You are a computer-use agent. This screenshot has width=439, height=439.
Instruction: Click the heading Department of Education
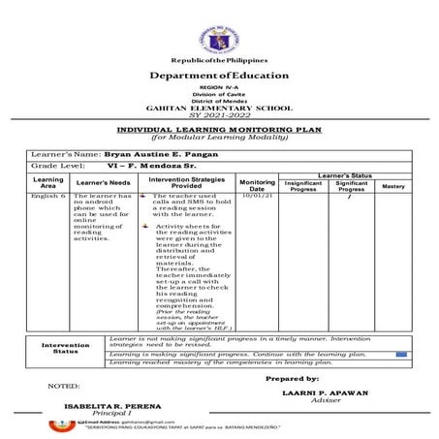219,76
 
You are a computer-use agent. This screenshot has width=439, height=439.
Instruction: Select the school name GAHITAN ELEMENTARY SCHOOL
219,109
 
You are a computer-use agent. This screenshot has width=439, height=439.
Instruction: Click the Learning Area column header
48,183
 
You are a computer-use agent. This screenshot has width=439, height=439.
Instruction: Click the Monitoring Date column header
258,183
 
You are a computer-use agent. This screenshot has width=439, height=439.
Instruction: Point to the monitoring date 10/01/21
258,196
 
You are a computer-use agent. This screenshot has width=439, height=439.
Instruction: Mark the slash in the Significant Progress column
349,196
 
